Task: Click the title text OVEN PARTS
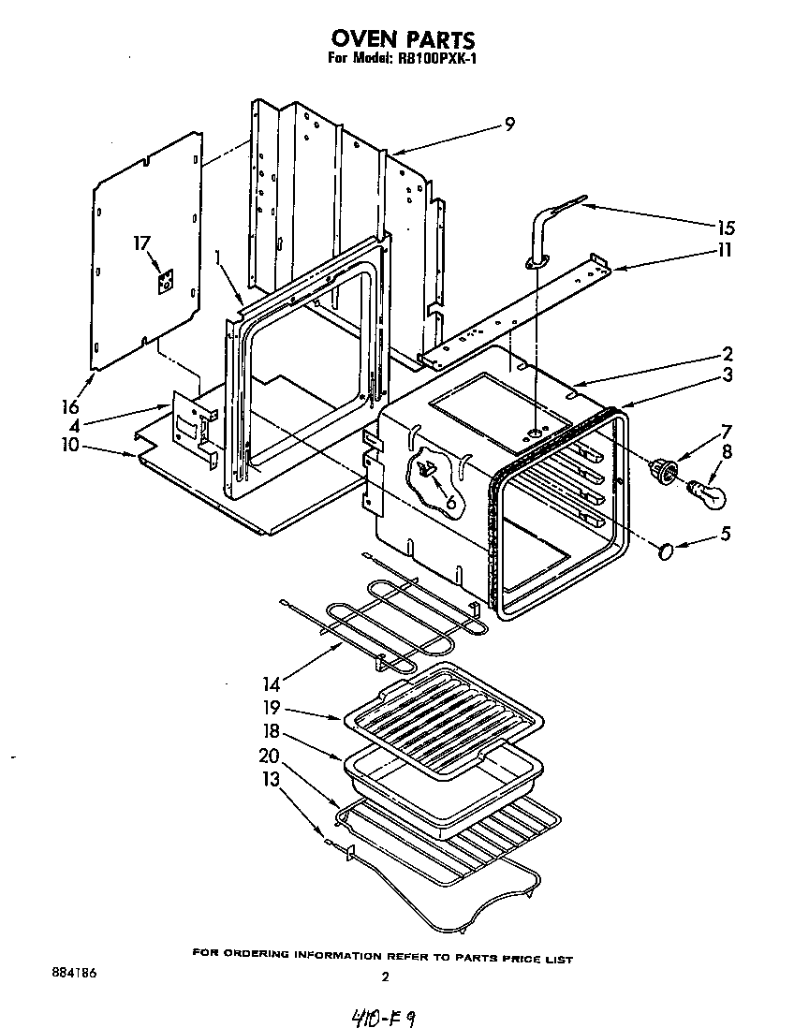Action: pyautogui.click(x=404, y=38)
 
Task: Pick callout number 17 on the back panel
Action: pyautogui.click(x=141, y=243)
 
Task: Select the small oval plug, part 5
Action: pyautogui.click(x=666, y=552)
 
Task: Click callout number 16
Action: pyautogui.click(x=68, y=406)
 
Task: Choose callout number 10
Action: pyautogui.click(x=70, y=447)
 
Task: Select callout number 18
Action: pyautogui.click(x=272, y=731)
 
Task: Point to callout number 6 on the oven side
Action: pyautogui.click(x=450, y=503)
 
